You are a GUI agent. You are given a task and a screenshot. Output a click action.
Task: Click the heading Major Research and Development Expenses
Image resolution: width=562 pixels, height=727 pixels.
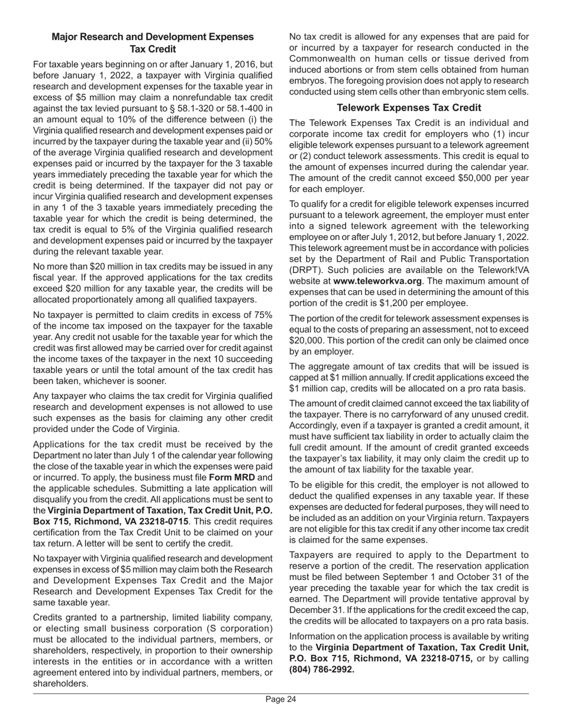[153, 37]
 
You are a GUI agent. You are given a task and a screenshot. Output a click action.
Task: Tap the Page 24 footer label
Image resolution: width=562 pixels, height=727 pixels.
[280, 700]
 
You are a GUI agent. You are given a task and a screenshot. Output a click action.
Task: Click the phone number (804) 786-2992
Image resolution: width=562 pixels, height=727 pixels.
[322, 670]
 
